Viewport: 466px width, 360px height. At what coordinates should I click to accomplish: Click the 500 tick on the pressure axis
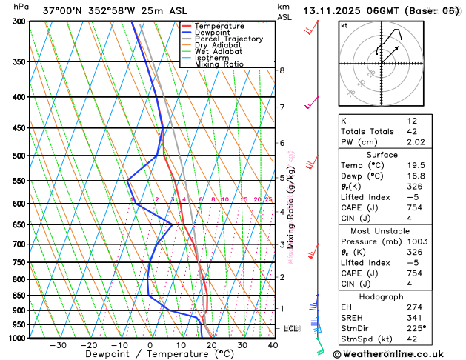[17, 156]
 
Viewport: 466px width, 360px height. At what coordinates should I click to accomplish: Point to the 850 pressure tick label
[17, 296]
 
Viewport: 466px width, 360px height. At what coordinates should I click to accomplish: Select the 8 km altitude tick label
[282, 70]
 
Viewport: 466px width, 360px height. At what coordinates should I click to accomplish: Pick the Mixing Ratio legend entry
[219, 64]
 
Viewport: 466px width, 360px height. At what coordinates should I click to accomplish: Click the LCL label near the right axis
[290, 327]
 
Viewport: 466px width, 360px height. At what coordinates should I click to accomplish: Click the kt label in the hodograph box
[344, 26]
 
